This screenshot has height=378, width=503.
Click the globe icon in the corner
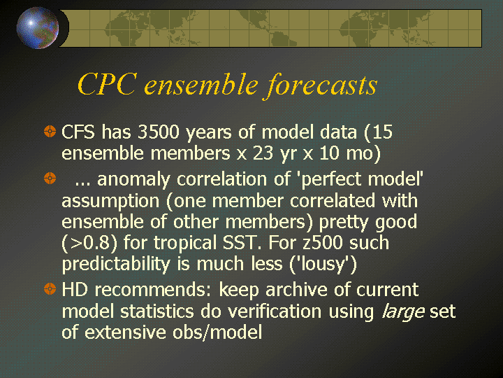(38, 28)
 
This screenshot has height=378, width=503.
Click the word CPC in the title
(107, 84)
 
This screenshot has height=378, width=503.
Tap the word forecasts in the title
(321, 85)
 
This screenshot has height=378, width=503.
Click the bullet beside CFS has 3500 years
(50, 131)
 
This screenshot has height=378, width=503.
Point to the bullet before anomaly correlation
(50, 178)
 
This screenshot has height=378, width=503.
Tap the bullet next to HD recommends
(50, 288)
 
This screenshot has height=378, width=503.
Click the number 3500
(158, 132)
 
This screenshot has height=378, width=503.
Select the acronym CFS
(78, 132)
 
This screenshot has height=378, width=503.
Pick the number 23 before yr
(263, 153)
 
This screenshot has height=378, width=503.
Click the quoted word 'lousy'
(323, 264)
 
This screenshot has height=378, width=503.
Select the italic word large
(403, 311)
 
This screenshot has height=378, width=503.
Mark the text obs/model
(217, 332)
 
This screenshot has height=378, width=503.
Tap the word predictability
(116, 264)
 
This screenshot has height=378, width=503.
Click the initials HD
(75, 289)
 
